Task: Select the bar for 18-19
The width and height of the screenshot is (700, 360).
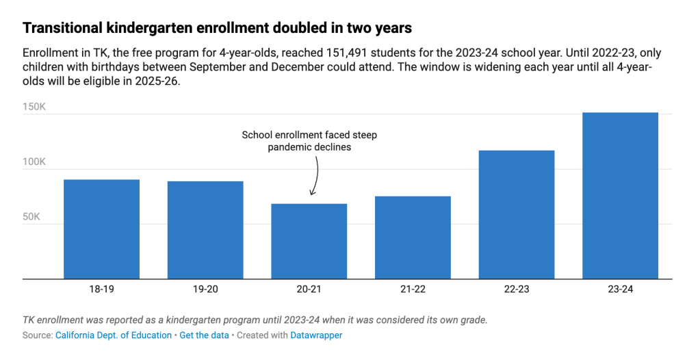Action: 101,229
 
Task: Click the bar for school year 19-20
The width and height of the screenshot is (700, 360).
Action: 205,230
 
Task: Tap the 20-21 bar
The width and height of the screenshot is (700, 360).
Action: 309,241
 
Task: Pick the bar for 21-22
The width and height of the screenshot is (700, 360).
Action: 413,237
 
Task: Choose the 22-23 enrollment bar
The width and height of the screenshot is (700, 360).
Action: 517,214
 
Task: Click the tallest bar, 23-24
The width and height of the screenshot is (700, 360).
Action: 620,195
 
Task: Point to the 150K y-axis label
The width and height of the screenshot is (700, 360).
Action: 34,107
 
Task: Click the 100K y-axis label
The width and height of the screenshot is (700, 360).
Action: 34,162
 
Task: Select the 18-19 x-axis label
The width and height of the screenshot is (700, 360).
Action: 101,290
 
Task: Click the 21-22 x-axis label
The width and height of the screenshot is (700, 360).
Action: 413,290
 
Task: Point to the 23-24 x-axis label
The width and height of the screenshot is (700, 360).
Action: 620,290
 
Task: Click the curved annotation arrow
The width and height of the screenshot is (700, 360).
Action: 315,176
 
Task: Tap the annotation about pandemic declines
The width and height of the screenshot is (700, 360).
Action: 309,141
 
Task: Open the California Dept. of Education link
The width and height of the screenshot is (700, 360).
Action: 114,335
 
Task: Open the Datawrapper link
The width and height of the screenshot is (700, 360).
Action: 316,335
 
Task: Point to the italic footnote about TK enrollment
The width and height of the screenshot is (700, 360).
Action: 255,320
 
